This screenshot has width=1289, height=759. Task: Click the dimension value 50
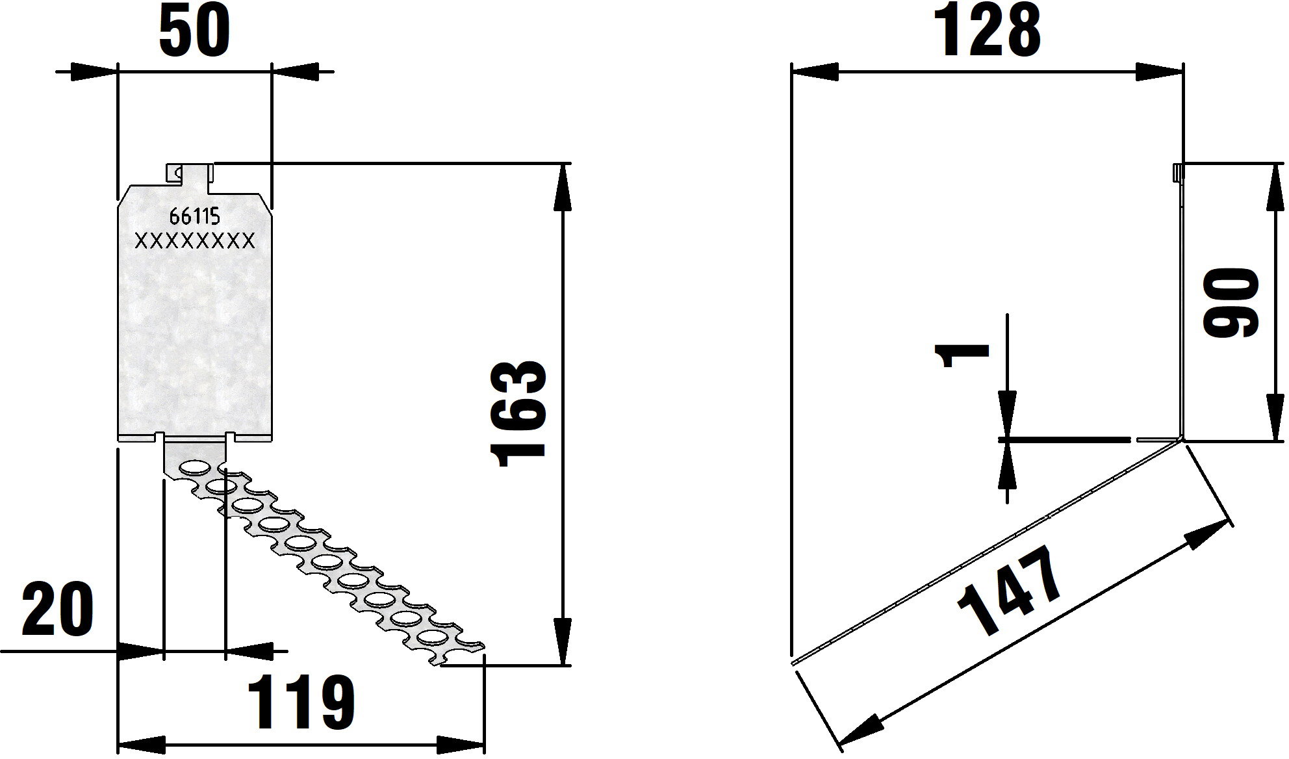tap(194, 32)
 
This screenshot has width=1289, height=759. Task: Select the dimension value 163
tap(520, 413)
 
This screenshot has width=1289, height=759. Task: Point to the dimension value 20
tap(58, 611)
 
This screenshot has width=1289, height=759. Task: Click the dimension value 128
tap(987, 31)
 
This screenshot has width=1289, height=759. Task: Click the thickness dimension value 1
tap(962, 356)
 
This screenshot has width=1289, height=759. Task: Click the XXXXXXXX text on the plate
tap(194, 242)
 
